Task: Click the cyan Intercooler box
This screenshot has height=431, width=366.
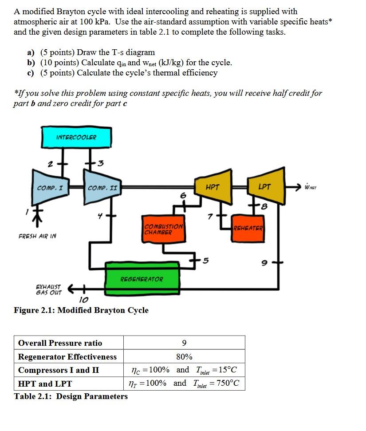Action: pos(76,137)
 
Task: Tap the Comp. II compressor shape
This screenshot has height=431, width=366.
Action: pos(102,188)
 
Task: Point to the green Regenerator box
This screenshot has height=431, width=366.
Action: pos(142,279)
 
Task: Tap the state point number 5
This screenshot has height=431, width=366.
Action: pos(205,260)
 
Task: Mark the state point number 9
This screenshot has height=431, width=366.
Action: pos(264,263)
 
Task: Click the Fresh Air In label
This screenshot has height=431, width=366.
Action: pos(37,236)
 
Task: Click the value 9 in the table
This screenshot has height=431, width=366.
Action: pos(184,343)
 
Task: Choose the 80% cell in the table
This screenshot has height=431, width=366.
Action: pos(184,356)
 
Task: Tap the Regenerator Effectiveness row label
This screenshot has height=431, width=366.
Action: pos(67,356)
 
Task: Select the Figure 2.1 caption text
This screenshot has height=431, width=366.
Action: pos(81,310)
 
